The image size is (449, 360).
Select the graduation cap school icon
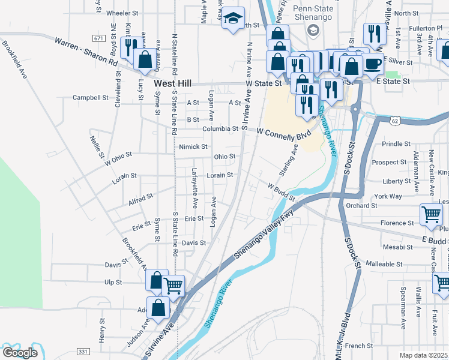[x=233, y=19]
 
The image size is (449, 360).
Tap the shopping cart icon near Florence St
[x=431, y=215]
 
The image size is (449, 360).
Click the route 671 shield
[x=98, y=38]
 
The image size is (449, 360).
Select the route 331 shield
[x=82, y=351]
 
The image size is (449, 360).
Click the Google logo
[x=20, y=352]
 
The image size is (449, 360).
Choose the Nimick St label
[x=193, y=146]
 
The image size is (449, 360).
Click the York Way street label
[x=387, y=196]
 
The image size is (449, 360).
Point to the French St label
[x=359, y=346]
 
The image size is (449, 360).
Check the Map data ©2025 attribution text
[x=424, y=355]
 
